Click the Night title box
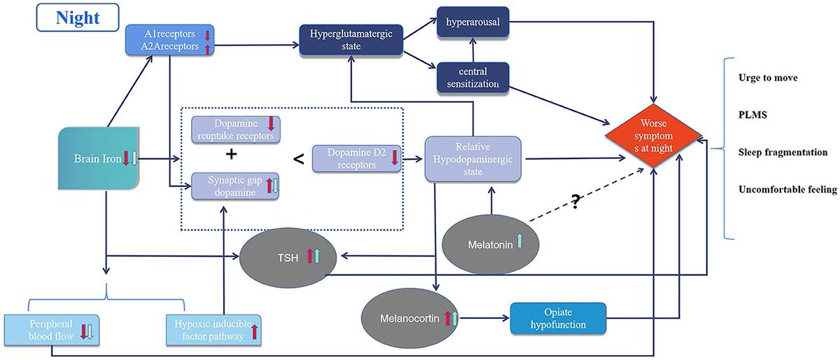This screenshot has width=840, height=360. coord(78,18)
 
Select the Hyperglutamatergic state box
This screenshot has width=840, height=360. coord(351,40)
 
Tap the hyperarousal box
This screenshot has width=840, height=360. coord(473,22)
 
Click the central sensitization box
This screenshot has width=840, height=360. coord(473,78)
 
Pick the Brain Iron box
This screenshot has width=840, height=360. coord(99,158)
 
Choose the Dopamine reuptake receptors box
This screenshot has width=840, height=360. coord(235,130)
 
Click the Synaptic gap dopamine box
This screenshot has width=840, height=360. coord(235,186)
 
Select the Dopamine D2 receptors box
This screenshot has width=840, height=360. coord(356,159)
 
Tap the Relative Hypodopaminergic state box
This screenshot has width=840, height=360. coord(473,159)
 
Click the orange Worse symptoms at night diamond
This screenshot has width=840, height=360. coord(654,136)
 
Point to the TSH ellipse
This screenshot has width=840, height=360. coord(288,258)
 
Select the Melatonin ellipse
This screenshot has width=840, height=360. coord(491,244)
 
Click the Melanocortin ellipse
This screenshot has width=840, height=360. coord(410,319)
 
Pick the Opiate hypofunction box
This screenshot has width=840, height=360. coord(558,319)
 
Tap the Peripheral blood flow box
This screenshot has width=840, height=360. coord(52,330)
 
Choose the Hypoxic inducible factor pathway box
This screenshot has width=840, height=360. coord(213,330)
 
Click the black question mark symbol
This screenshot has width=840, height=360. coord(575,202)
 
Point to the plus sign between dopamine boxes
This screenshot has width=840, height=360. coord(232,154)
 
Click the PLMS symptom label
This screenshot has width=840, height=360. coord(752,115)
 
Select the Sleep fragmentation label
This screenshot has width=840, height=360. coord(783,152)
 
